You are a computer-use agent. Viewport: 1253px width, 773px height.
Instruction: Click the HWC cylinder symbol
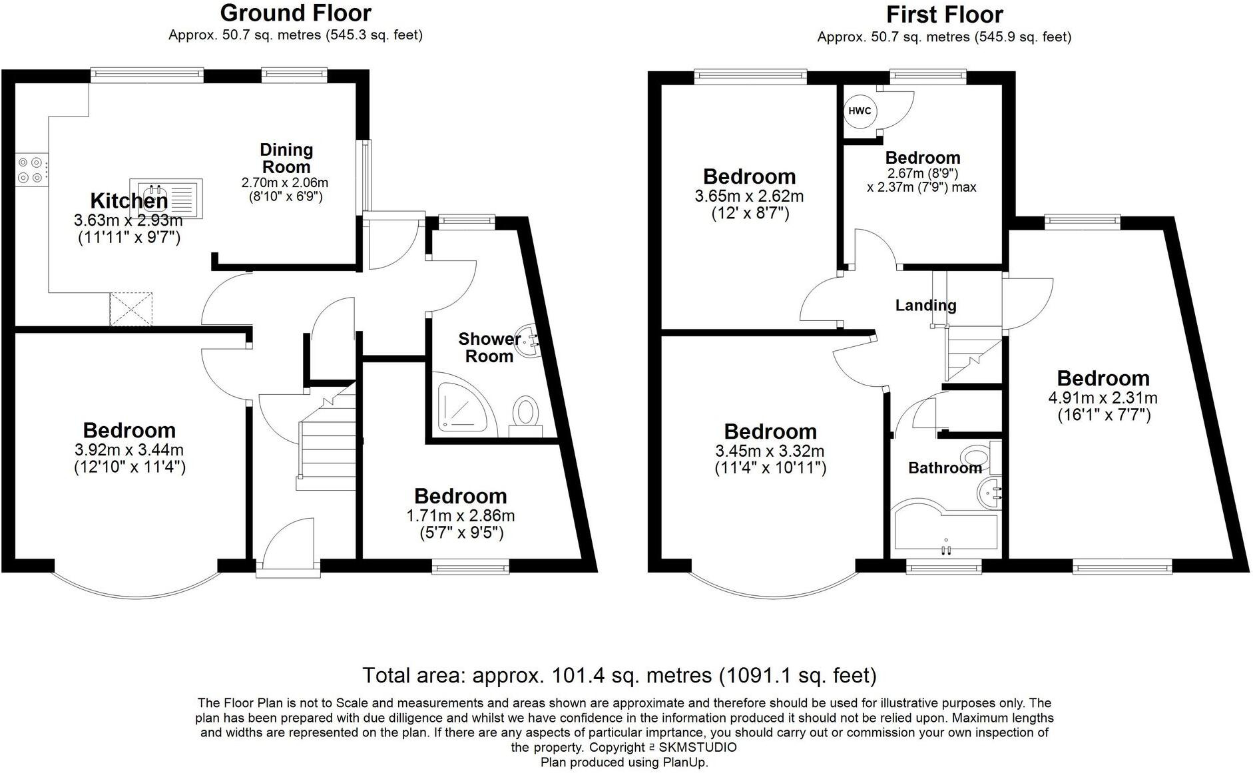[x=860, y=111]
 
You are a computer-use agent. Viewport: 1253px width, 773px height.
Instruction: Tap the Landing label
[x=925, y=306]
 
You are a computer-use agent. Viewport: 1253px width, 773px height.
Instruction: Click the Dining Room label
[x=286, y=158]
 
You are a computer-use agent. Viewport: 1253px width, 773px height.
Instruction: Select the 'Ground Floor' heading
[x=296, y=13]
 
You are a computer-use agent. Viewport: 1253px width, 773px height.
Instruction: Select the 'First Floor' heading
[x=944, y=14]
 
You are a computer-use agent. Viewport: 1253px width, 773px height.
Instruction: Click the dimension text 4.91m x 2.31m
[x=1103, y=398]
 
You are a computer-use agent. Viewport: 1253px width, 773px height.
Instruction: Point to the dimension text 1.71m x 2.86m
[x=460, y=515]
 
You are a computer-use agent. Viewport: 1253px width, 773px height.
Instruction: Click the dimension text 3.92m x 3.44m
[x=129, y=450]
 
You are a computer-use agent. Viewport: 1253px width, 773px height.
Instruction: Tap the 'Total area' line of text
[x=619, y=675]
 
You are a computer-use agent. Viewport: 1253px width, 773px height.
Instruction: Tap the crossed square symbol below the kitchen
[x=131, y=310]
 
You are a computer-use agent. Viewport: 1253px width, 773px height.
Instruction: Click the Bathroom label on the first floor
[x=944, y=468]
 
